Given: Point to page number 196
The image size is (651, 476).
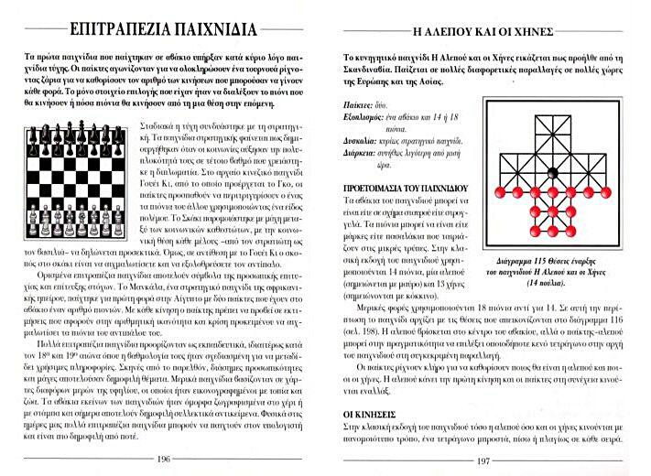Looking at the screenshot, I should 164,460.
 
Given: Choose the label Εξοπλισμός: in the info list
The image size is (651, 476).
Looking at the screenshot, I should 363,144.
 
